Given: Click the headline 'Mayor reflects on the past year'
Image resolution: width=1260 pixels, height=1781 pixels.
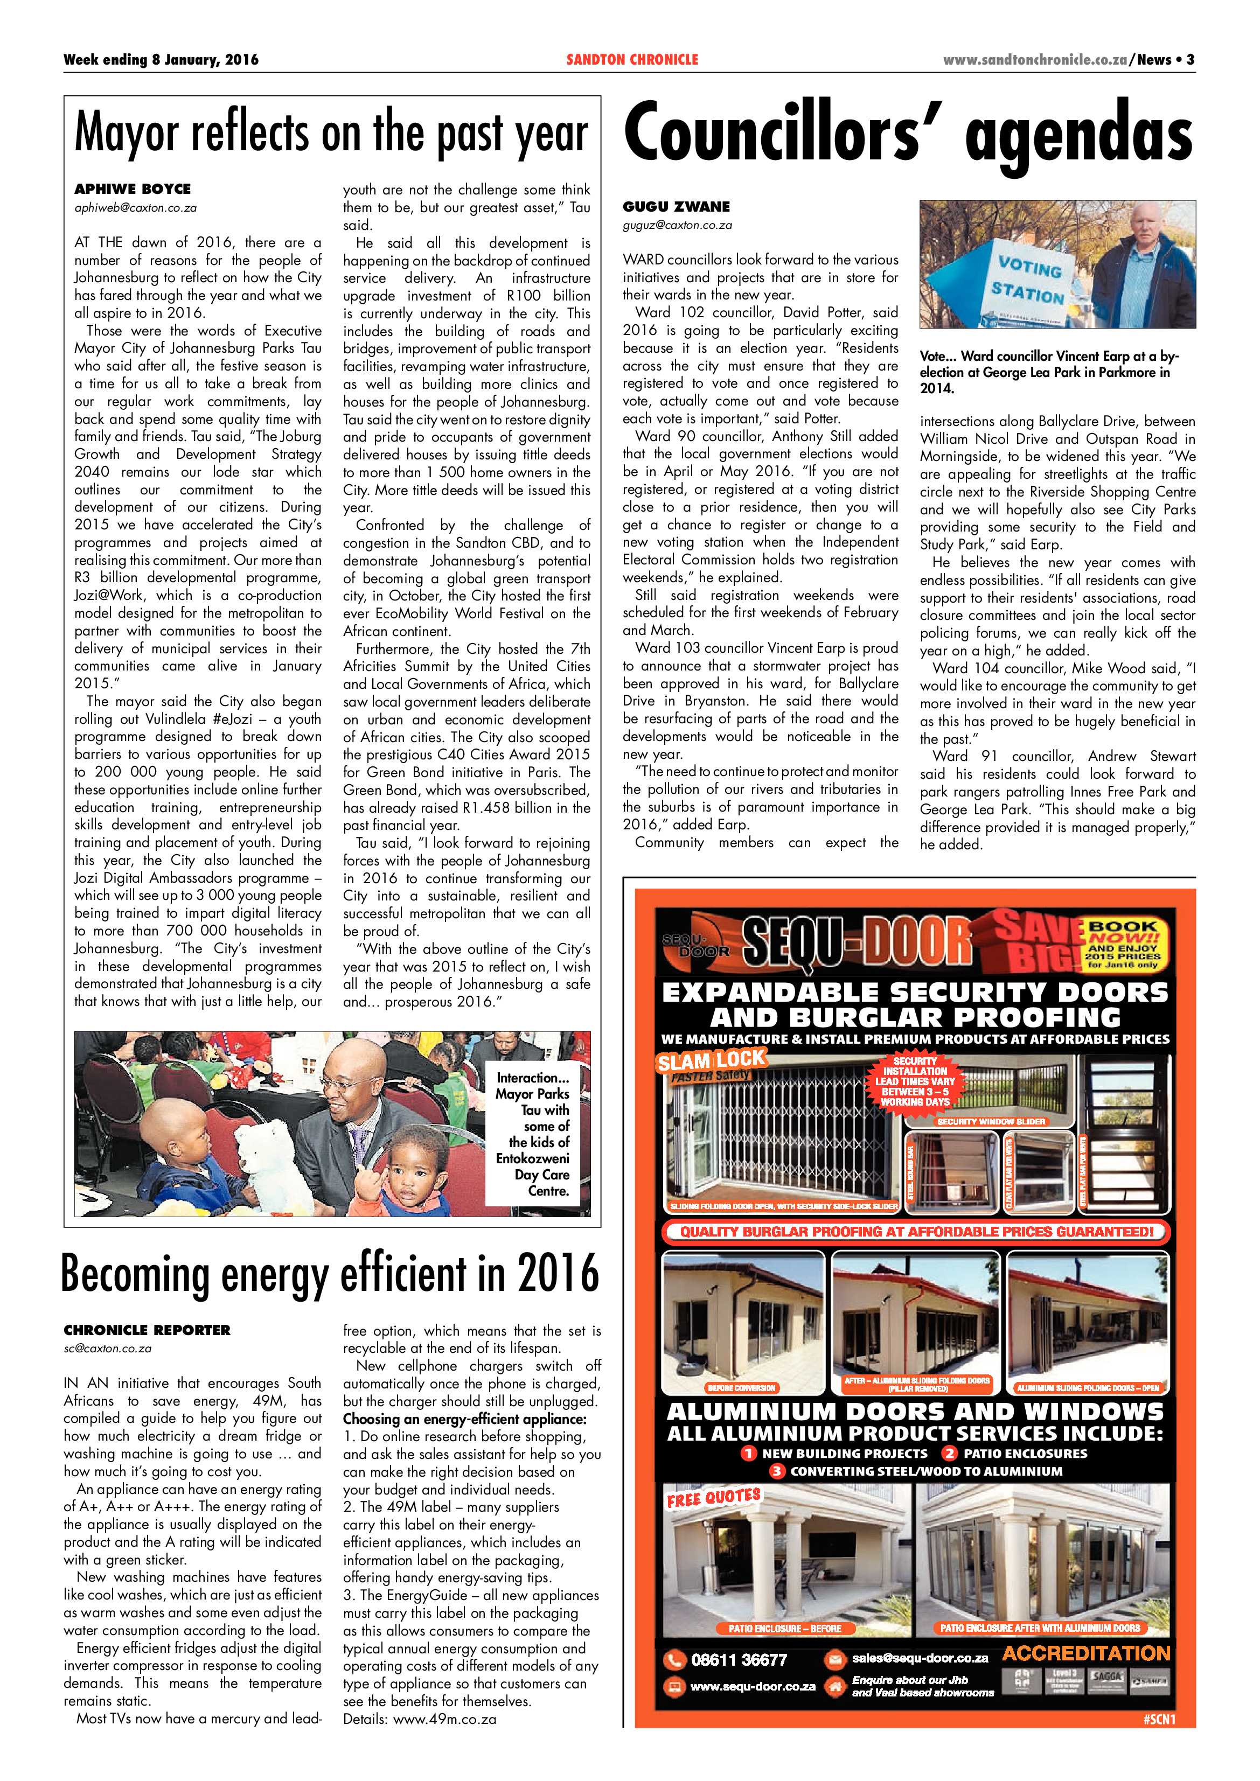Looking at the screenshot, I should tap(331, 134).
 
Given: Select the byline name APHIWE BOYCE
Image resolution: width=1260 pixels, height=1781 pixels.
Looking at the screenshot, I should tap(133, 188).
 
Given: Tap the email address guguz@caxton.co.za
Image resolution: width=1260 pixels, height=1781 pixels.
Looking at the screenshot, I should tap(677, 226).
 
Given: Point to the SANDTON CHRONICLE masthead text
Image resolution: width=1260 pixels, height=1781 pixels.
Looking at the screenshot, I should tap(632, 60).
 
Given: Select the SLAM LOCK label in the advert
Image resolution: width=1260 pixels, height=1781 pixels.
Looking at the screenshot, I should tap(711, 1060).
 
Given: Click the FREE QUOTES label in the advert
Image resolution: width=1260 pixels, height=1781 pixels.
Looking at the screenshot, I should tap(713, 1497).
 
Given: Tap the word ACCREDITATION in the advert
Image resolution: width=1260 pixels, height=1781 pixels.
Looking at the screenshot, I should tap(1085, 1653).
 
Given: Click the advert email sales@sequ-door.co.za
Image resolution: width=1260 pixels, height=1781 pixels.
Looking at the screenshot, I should tap(920, 1658).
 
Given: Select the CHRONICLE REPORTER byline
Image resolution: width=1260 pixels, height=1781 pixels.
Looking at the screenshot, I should tap(148, 1330).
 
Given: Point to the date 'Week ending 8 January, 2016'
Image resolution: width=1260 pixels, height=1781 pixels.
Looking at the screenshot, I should tap(161, 60).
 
